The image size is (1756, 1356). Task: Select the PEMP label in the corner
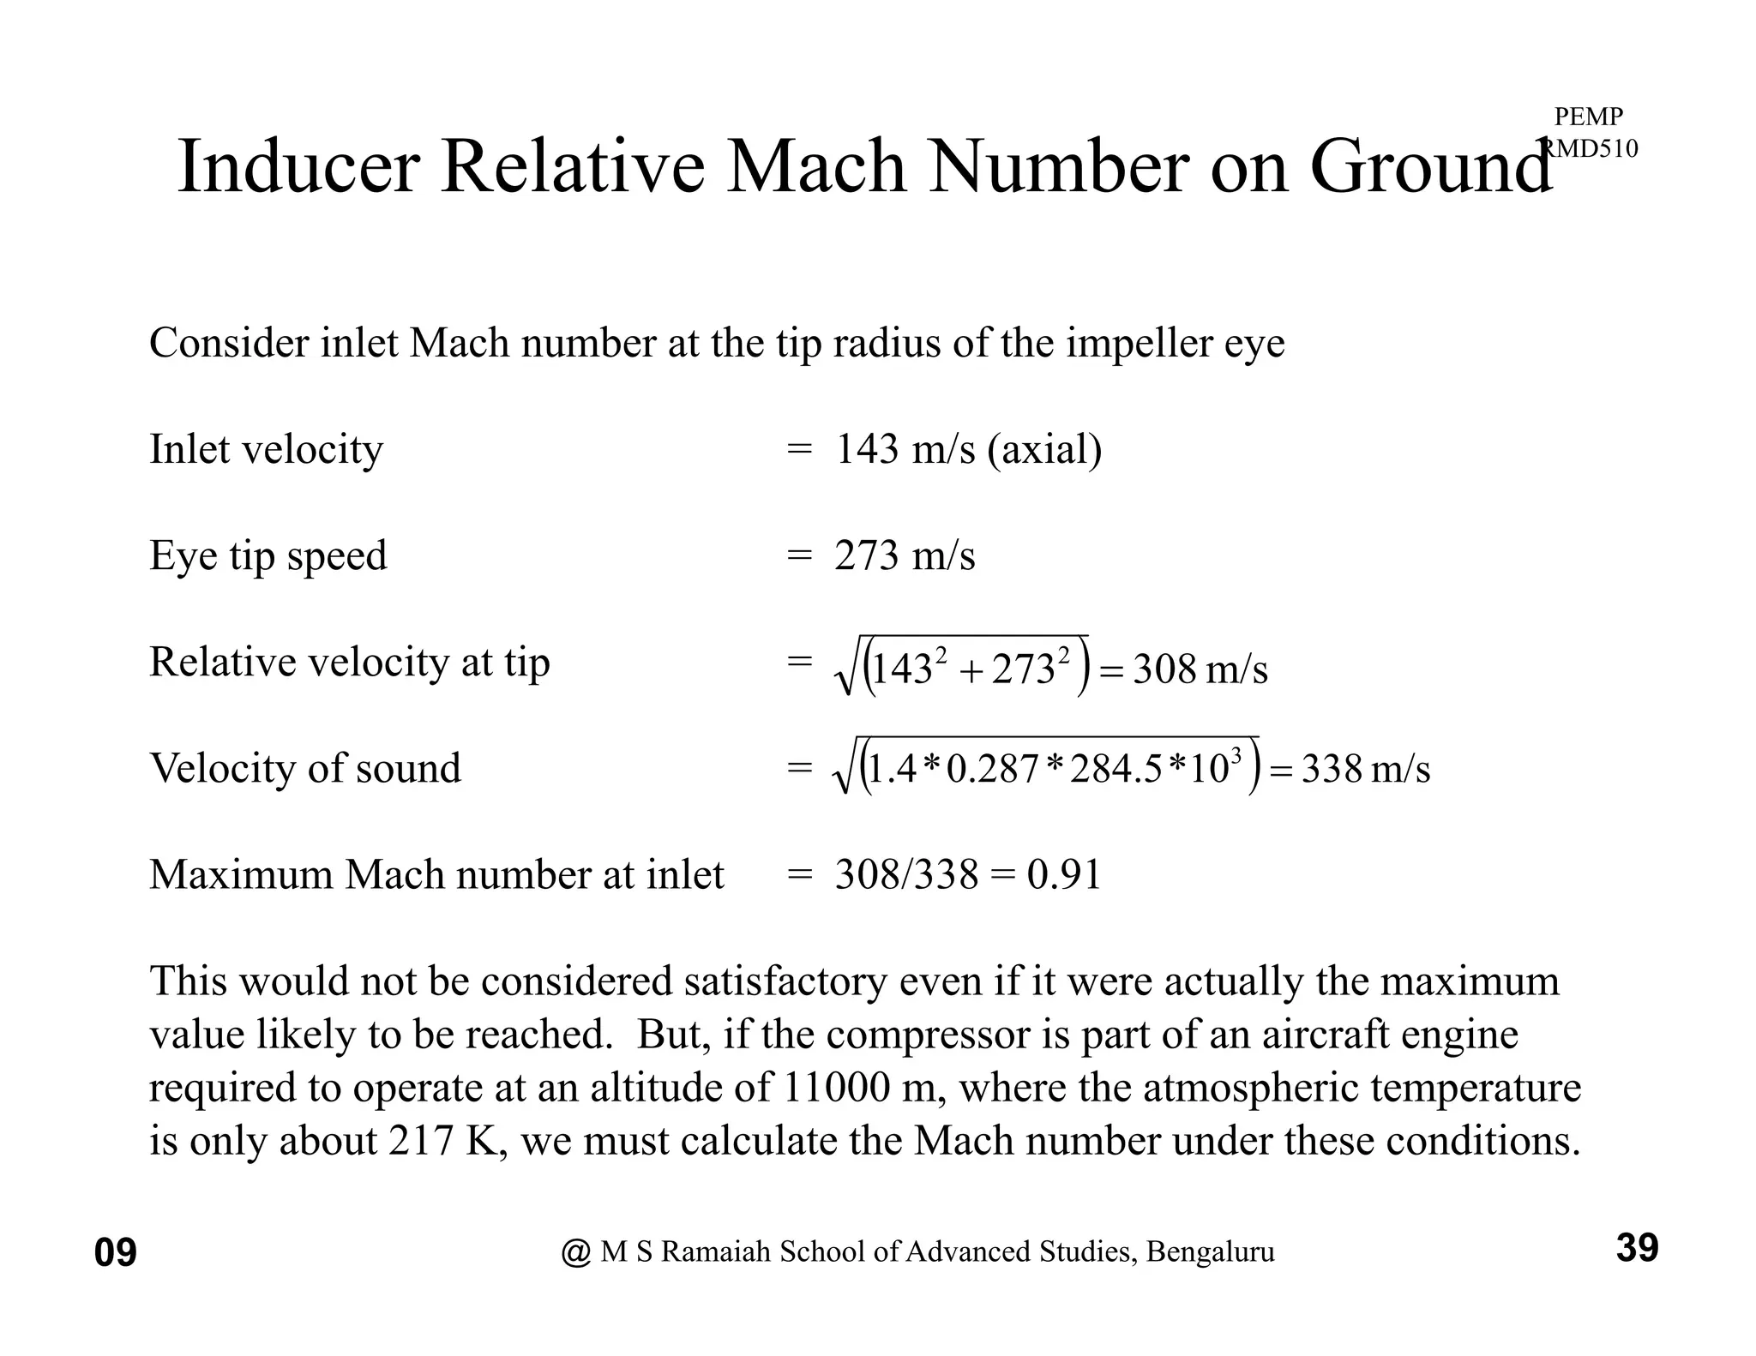coord(1588,117)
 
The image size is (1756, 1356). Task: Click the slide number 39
coord(1637,1248)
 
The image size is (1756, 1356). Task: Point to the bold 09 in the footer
coord(116,1253)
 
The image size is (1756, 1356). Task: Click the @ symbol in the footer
coord(576,1252)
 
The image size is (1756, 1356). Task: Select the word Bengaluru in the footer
coord(1210,1252)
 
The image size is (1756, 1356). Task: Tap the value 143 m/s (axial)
coord(968,449)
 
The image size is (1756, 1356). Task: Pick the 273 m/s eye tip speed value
coord(905,555)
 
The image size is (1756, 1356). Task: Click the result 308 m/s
coord(1200,669)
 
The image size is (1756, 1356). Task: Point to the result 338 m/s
coord(1365,769)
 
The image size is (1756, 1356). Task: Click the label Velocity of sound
coord(305,768)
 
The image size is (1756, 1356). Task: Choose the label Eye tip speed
coord(268,555)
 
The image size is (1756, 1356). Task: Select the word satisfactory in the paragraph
coord(785,981)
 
